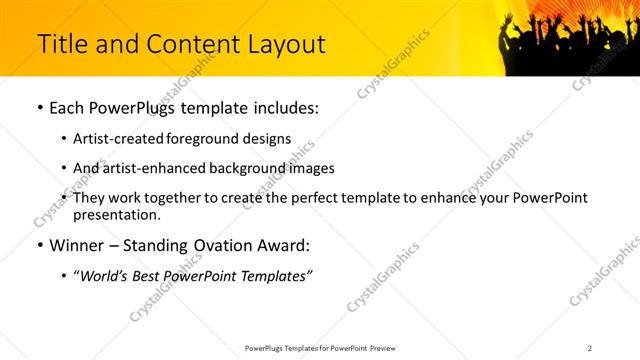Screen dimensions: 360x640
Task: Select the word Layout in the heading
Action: point(283,44)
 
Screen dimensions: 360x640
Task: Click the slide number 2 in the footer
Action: point(590,347)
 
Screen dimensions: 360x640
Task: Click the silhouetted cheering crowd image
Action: point(565,40)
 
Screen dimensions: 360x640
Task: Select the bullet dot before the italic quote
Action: point(65,275)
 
